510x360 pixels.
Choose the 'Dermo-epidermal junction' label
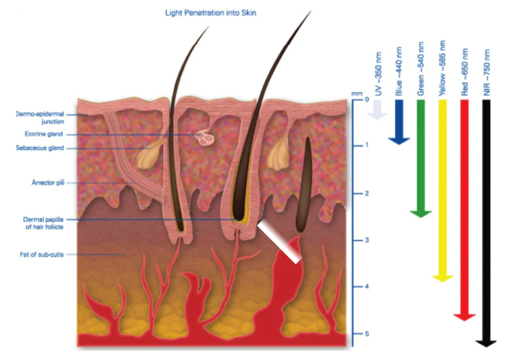click(x=37, y=119)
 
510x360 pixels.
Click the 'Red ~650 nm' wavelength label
click(x=464, y=73)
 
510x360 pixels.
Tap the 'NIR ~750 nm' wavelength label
click(x=487, y=73)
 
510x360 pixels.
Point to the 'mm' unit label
click(x=356, y=94)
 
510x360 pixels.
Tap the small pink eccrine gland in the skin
click(x=204, y=137)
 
